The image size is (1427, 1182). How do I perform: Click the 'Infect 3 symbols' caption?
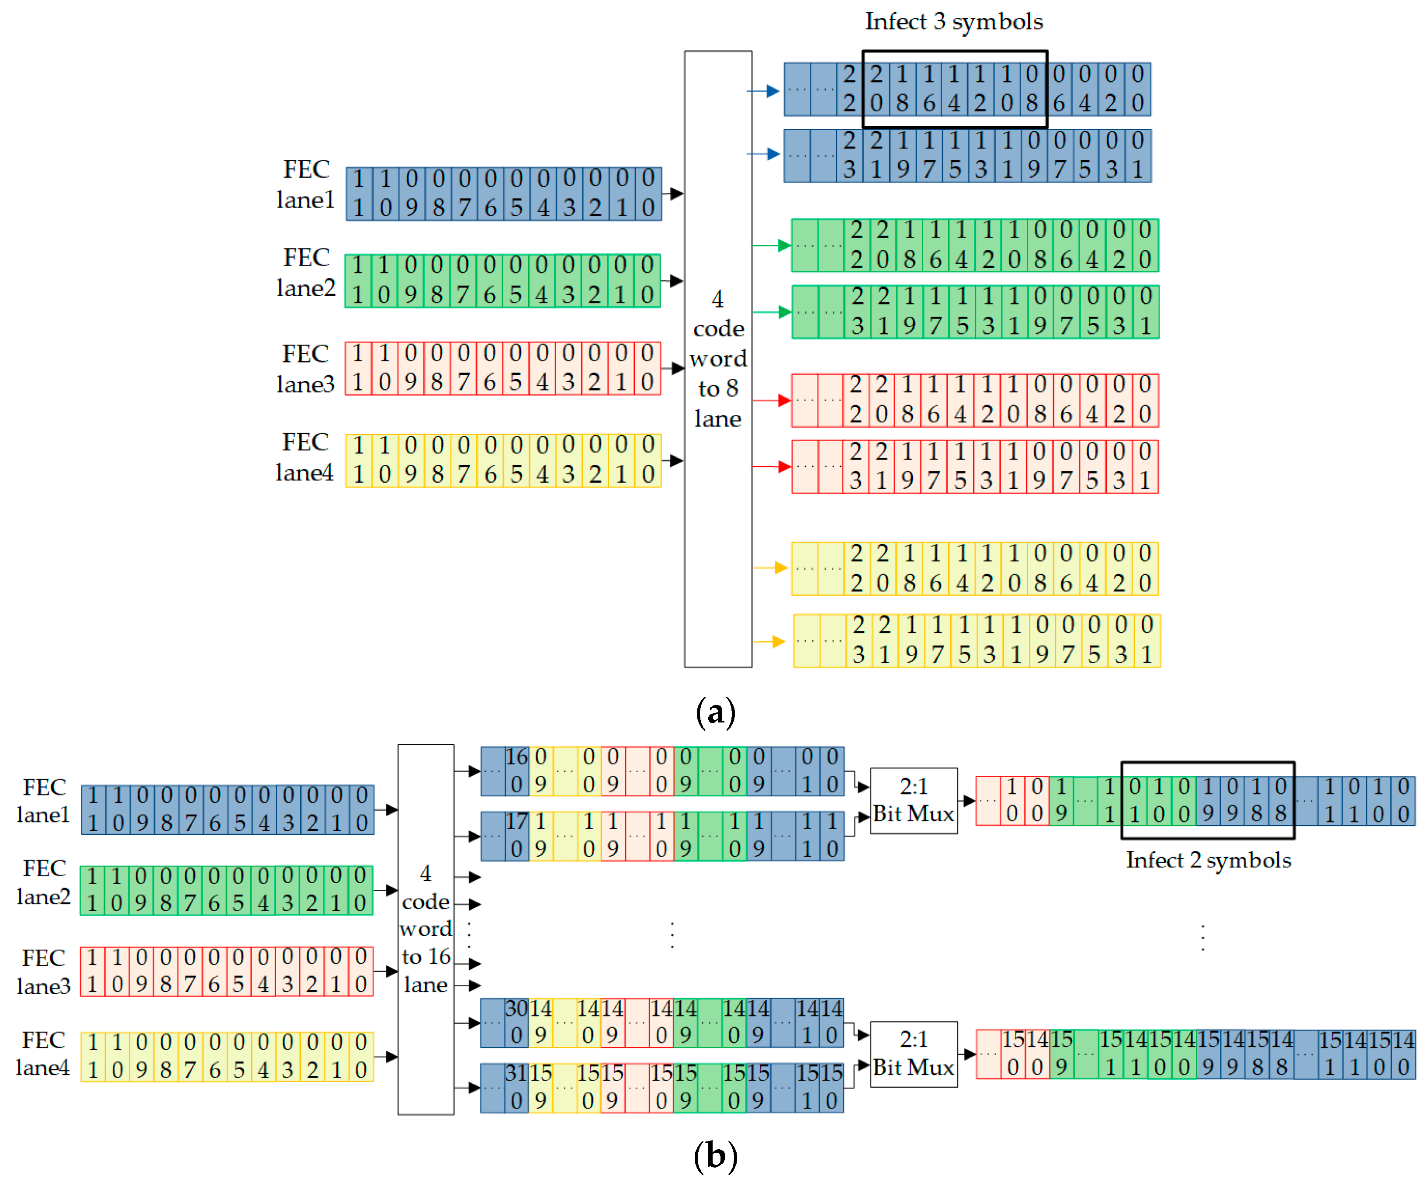point(953,22)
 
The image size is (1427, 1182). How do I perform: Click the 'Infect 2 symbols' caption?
point(1208,860)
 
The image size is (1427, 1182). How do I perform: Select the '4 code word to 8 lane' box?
point(717,359)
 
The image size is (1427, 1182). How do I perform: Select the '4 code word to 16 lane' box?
point(426,929)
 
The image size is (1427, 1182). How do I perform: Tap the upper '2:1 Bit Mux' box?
point(913,800)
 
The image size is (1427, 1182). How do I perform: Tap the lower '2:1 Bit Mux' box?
point(913,1054)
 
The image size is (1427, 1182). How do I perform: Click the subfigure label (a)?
point(716,712)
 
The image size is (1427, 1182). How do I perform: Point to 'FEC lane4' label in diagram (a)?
point(305,457)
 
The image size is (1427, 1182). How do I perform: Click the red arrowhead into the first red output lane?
point(783,400)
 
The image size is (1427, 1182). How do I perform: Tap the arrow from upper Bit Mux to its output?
point(968,800)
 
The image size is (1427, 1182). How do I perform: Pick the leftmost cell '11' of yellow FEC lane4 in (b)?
point(93,1056)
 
